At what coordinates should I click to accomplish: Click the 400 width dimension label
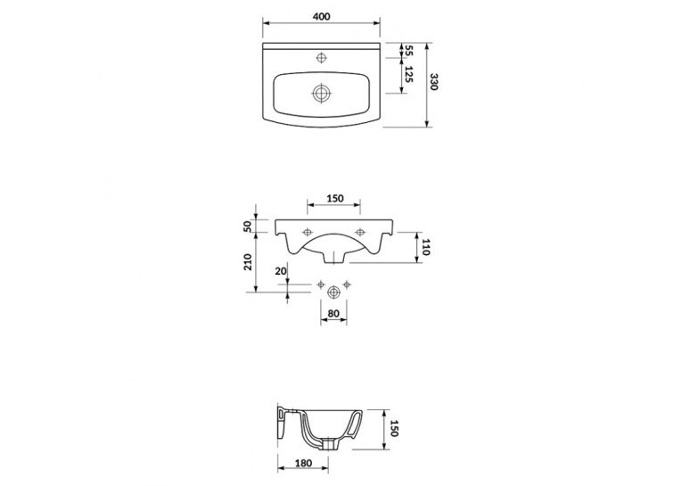(x=322, y=17)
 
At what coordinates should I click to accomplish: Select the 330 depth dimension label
(x=433, y=81)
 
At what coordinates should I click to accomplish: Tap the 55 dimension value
(x=408, y=50)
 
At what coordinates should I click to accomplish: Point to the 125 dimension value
(x=408, y=74)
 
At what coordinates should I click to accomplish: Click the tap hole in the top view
(x=322, y=57)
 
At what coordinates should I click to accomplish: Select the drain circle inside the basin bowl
(x=322, y=93)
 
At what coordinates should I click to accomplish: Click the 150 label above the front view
(x=335, y=198)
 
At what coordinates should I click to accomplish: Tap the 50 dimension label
(x=248, y=226)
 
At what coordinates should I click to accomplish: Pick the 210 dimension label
(x=248, y=262)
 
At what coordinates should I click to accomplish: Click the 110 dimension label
(x=425, y=248)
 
